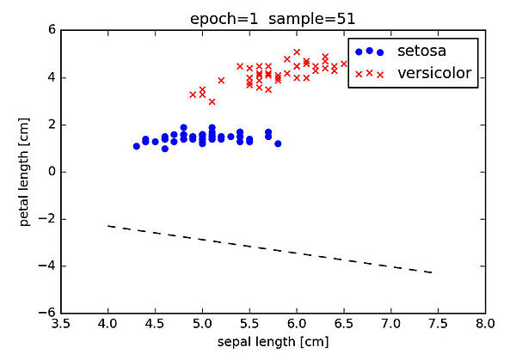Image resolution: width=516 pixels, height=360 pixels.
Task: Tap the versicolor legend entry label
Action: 434,73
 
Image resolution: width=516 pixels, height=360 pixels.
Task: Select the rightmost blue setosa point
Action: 278,143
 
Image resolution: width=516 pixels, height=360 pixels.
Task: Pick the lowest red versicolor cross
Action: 212,101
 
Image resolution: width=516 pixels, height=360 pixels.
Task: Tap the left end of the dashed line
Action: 108,226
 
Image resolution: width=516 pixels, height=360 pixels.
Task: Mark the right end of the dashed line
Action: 432,272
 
